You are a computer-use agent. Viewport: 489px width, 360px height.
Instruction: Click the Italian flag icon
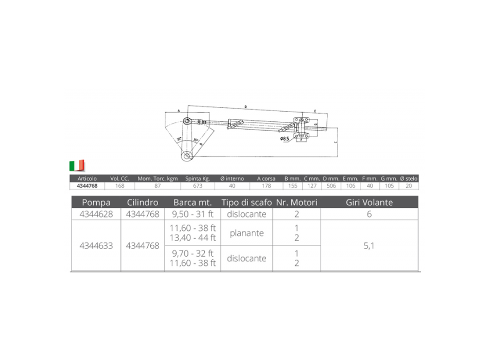(76, 166)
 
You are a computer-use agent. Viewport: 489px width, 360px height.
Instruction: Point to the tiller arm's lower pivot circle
(186, 155)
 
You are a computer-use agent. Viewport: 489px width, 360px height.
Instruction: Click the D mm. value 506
(331, 186)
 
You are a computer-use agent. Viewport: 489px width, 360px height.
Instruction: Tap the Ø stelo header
(409, 178)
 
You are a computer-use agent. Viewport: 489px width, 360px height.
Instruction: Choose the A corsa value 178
(267, 186)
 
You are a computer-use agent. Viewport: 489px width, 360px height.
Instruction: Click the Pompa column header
(96, 202)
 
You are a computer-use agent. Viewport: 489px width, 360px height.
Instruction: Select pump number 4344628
(96, 214)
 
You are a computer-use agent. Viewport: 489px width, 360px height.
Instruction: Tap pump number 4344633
(96, 246)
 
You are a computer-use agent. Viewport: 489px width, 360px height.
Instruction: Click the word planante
(247, 233)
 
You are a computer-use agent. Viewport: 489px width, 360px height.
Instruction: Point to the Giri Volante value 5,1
(369, 246)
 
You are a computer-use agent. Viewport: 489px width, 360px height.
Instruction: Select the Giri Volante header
(369, 202)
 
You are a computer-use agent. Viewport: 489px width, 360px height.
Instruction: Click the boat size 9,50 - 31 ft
(193, 214)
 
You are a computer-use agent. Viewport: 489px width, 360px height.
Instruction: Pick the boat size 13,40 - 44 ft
(193, 238)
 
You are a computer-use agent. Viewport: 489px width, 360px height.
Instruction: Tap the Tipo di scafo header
(247, 202)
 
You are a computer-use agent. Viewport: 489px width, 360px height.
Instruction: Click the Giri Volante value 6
(369, 214)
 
